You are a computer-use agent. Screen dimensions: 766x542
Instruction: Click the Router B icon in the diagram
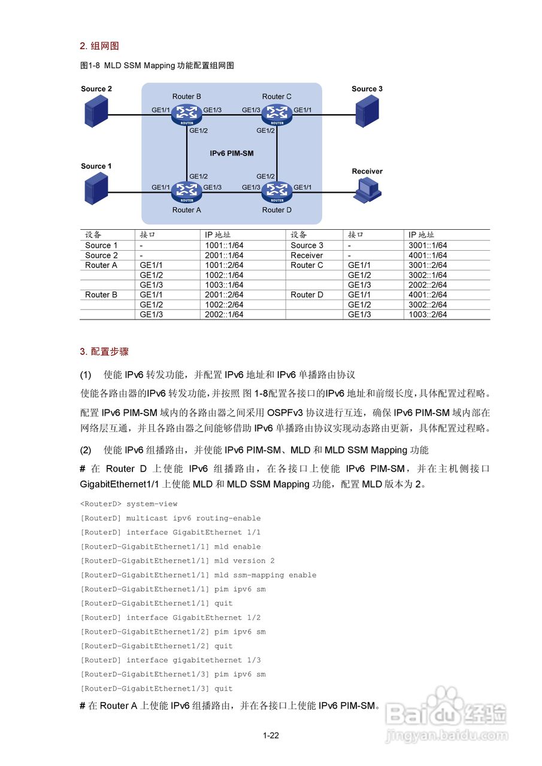pyautogui.click(x=187, y=113)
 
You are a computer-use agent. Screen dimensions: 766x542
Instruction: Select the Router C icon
pyautogui.click(x=277, y=113)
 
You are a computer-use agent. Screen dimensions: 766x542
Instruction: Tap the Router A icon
pyautogui.click(x=187, y=191)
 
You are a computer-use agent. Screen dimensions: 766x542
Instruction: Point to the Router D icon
pyautogui.click(x=277, y=191)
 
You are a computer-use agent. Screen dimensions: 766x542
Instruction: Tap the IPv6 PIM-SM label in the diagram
pyautogui.click(x=231, y=154)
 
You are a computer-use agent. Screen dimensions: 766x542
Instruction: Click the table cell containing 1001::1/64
pyautogui.click(x=224, y=245)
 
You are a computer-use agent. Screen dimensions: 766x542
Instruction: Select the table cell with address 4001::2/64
pyautogui.click(x=428, y=295)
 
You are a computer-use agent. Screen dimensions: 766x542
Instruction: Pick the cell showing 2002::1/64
pyautogui.click(x=224, y=315)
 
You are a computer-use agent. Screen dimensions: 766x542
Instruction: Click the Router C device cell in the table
pyautogui.click(x=307, y=265)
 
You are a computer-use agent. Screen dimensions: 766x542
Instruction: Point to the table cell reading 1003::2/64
pyautogui.click(x=428, y=315)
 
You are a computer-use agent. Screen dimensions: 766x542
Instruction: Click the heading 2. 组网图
pyautogui.click(x=99, y=46)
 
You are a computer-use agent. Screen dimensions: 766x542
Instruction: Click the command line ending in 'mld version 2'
pyautogui.click(x=177, y=561)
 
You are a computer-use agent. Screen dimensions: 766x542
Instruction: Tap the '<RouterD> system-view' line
pyautogui.click(x=129, y=504)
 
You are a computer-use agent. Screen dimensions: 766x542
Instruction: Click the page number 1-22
pyautogui.click(x=271, y=735)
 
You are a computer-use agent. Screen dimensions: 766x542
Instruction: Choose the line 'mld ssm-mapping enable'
pyautogui.click(x=198, y=576)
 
